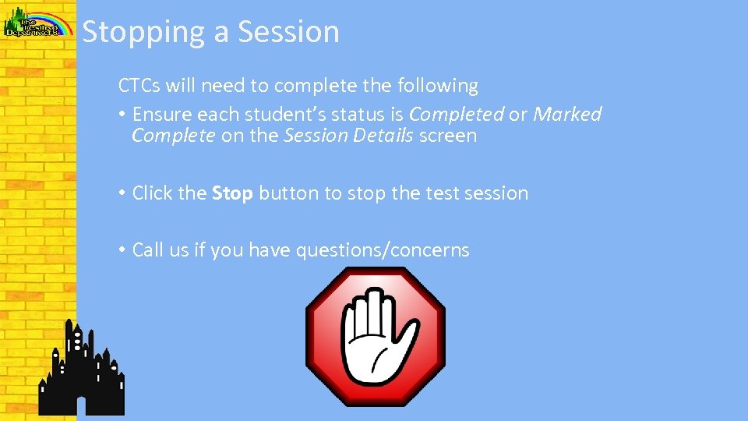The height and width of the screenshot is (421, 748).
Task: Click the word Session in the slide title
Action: point(288,33)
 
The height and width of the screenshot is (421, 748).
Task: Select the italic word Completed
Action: point(456,114)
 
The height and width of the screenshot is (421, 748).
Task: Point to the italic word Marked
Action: point(566,114)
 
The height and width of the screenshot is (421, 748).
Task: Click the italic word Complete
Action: point(173,136)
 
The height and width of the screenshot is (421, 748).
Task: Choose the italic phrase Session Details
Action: point(348,136)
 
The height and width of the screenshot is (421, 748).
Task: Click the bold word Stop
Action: point(232,193)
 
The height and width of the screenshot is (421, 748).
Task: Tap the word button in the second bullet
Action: point(288,193)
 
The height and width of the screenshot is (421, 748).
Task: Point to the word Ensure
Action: point(162,114)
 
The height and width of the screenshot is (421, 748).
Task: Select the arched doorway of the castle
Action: point(79,405)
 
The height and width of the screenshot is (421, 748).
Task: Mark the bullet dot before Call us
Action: point(122,250)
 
